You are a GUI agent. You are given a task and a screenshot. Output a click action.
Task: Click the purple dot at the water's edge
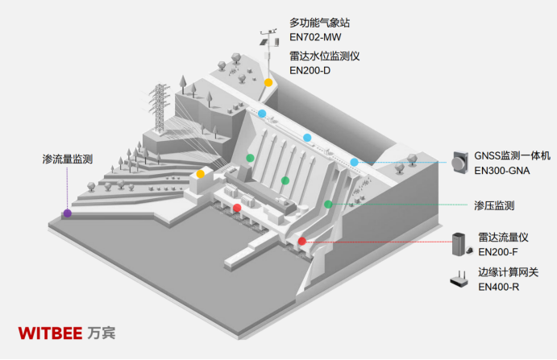[x=68, y=213]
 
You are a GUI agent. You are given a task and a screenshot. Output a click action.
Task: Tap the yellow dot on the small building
[x=201, y=174]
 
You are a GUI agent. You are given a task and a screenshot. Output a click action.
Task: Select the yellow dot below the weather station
[x=268, y=82]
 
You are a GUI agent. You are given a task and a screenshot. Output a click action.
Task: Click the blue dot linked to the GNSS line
[x=354, y=162]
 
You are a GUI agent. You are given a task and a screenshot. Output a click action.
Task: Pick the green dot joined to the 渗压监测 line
[x=328, y=204]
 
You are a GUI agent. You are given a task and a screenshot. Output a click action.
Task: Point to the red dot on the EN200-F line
[x=302, y=242]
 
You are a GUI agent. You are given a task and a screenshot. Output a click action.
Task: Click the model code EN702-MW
[x=315, y=37]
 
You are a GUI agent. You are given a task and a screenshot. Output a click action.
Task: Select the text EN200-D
[x=310, y=71]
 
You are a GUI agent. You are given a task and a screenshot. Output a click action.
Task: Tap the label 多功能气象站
[x=319, y=23]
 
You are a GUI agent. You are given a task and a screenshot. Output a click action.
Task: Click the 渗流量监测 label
[x=68, y=159]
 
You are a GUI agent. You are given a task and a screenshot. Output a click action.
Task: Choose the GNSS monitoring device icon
[x=459, y=163]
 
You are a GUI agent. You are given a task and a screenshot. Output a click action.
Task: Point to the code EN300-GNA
[x=502, y=171]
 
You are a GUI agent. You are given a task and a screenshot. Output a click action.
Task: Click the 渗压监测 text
[x=494, y=205]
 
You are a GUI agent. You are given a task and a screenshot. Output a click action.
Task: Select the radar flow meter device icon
[x=462, y=244]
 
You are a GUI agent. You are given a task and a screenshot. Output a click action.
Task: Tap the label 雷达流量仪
[x=503, y=237]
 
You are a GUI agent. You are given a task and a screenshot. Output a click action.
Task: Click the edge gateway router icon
[x=459, y=279]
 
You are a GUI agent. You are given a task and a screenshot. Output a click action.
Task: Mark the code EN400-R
[x=498, y=287]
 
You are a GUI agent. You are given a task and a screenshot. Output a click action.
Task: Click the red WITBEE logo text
[x=50, y=333]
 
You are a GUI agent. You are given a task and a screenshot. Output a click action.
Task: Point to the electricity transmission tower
[x=159, y=108]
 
